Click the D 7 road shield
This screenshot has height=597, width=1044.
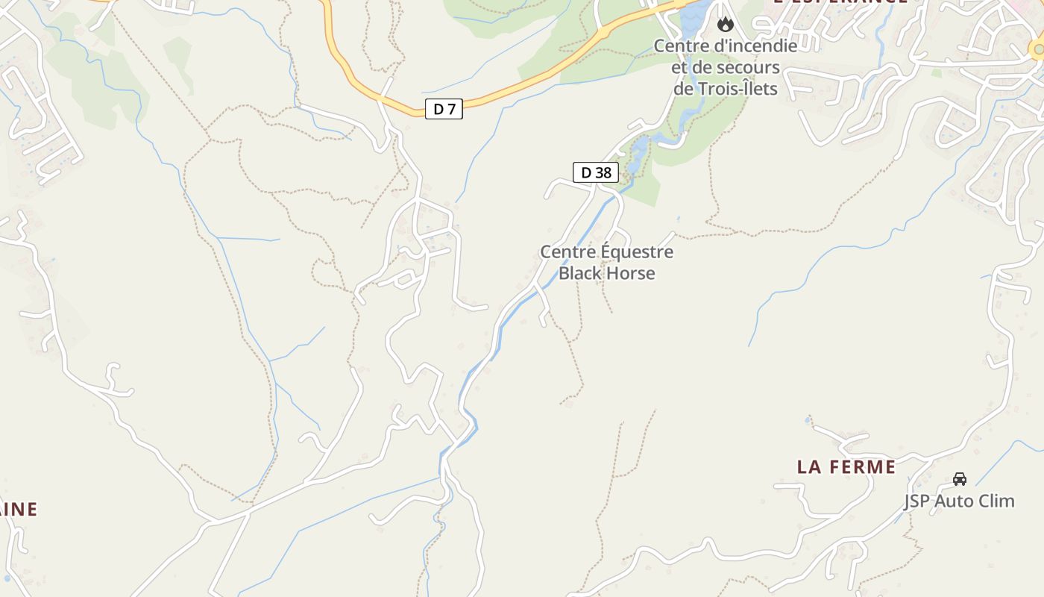click(x=444, y=109)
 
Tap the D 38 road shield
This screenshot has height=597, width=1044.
click(x=596, y=172)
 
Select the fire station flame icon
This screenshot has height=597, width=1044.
click(x=725, y=25)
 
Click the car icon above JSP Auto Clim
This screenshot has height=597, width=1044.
click(x=960, y=479)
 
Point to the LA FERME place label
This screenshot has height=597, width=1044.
click(x=846, y=467)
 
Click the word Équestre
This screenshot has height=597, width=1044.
click(x=637, y=252)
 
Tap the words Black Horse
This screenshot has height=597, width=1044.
click(x=607, y=273)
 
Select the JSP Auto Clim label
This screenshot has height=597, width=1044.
click(x=960, y=501)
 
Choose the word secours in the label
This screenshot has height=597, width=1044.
click(x=749, y=68)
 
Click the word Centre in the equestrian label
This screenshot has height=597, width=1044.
click(x=568, y=252)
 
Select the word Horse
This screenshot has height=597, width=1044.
click(x=630, y=273)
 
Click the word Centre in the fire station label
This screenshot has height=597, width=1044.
click(x=682, y=46)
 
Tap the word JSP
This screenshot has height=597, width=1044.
click(x=917, y=501)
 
